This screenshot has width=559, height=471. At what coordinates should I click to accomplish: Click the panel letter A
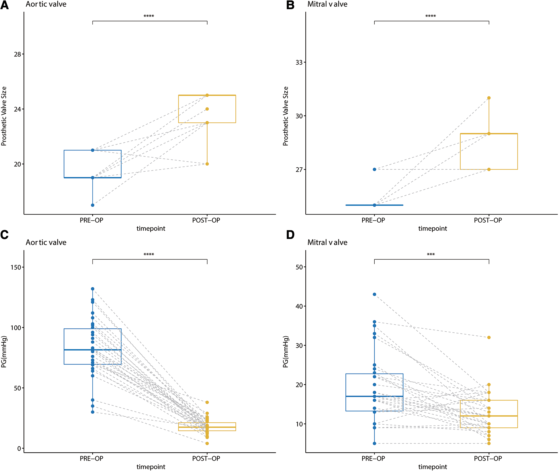point(5,5)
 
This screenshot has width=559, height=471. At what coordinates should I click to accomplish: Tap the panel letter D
point(290,235)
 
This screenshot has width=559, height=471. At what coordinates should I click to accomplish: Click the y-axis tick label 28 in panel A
point(17,54)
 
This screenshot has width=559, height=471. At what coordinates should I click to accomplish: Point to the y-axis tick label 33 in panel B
point(299,62)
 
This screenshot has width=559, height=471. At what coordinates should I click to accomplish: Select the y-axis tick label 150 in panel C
point(15,267)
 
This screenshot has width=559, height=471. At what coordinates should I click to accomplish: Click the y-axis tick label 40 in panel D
point(299,306)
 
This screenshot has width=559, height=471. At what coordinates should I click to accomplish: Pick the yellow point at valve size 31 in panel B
point(489,98)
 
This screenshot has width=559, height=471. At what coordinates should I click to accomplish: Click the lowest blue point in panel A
point(93,205)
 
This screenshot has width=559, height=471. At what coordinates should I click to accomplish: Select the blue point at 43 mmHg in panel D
point(374,294)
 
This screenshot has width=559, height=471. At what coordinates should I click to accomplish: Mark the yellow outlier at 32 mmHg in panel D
point(489,337)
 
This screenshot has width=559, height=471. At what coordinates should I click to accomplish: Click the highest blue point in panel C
point(93,289)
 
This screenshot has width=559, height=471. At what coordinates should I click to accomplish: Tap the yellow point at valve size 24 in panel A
point(207,109)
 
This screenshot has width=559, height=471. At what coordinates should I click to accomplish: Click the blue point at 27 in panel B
point(374,169)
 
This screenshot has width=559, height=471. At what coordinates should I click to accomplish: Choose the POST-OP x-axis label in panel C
point(206,458)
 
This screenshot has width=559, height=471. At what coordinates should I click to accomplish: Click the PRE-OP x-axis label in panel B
point(373,220)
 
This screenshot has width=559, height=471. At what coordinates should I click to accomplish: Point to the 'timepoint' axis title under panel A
point(151,229)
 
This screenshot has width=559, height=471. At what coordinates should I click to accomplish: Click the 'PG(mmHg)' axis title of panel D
point(286,352)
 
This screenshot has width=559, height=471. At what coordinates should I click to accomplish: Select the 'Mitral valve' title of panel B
point(327,4)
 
